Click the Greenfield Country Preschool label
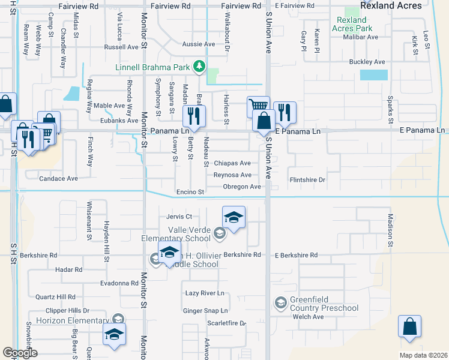pos(324,304)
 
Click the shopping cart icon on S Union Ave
pos(258,107)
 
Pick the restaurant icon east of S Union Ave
pos(285,112)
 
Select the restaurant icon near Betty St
pos(193,116)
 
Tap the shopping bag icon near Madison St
pos(409,328)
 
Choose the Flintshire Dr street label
pos(307,179)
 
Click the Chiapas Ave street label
pos(232,163)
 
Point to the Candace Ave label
pos(58,179)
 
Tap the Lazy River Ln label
pos(204,293)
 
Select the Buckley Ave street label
pos(367,62)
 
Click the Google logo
pos(20,353)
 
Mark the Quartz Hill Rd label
pos(55,297)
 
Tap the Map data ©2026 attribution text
pos(423,355)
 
